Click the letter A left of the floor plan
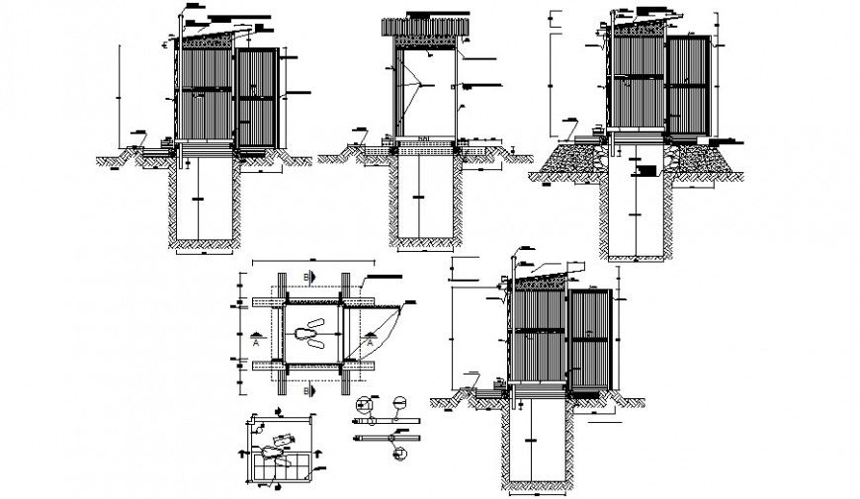pos(255,346)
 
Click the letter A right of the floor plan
pos(369,346)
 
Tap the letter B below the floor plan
pos(307,392)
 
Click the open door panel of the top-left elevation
pos(256,99)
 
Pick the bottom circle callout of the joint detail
pos(399,453)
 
